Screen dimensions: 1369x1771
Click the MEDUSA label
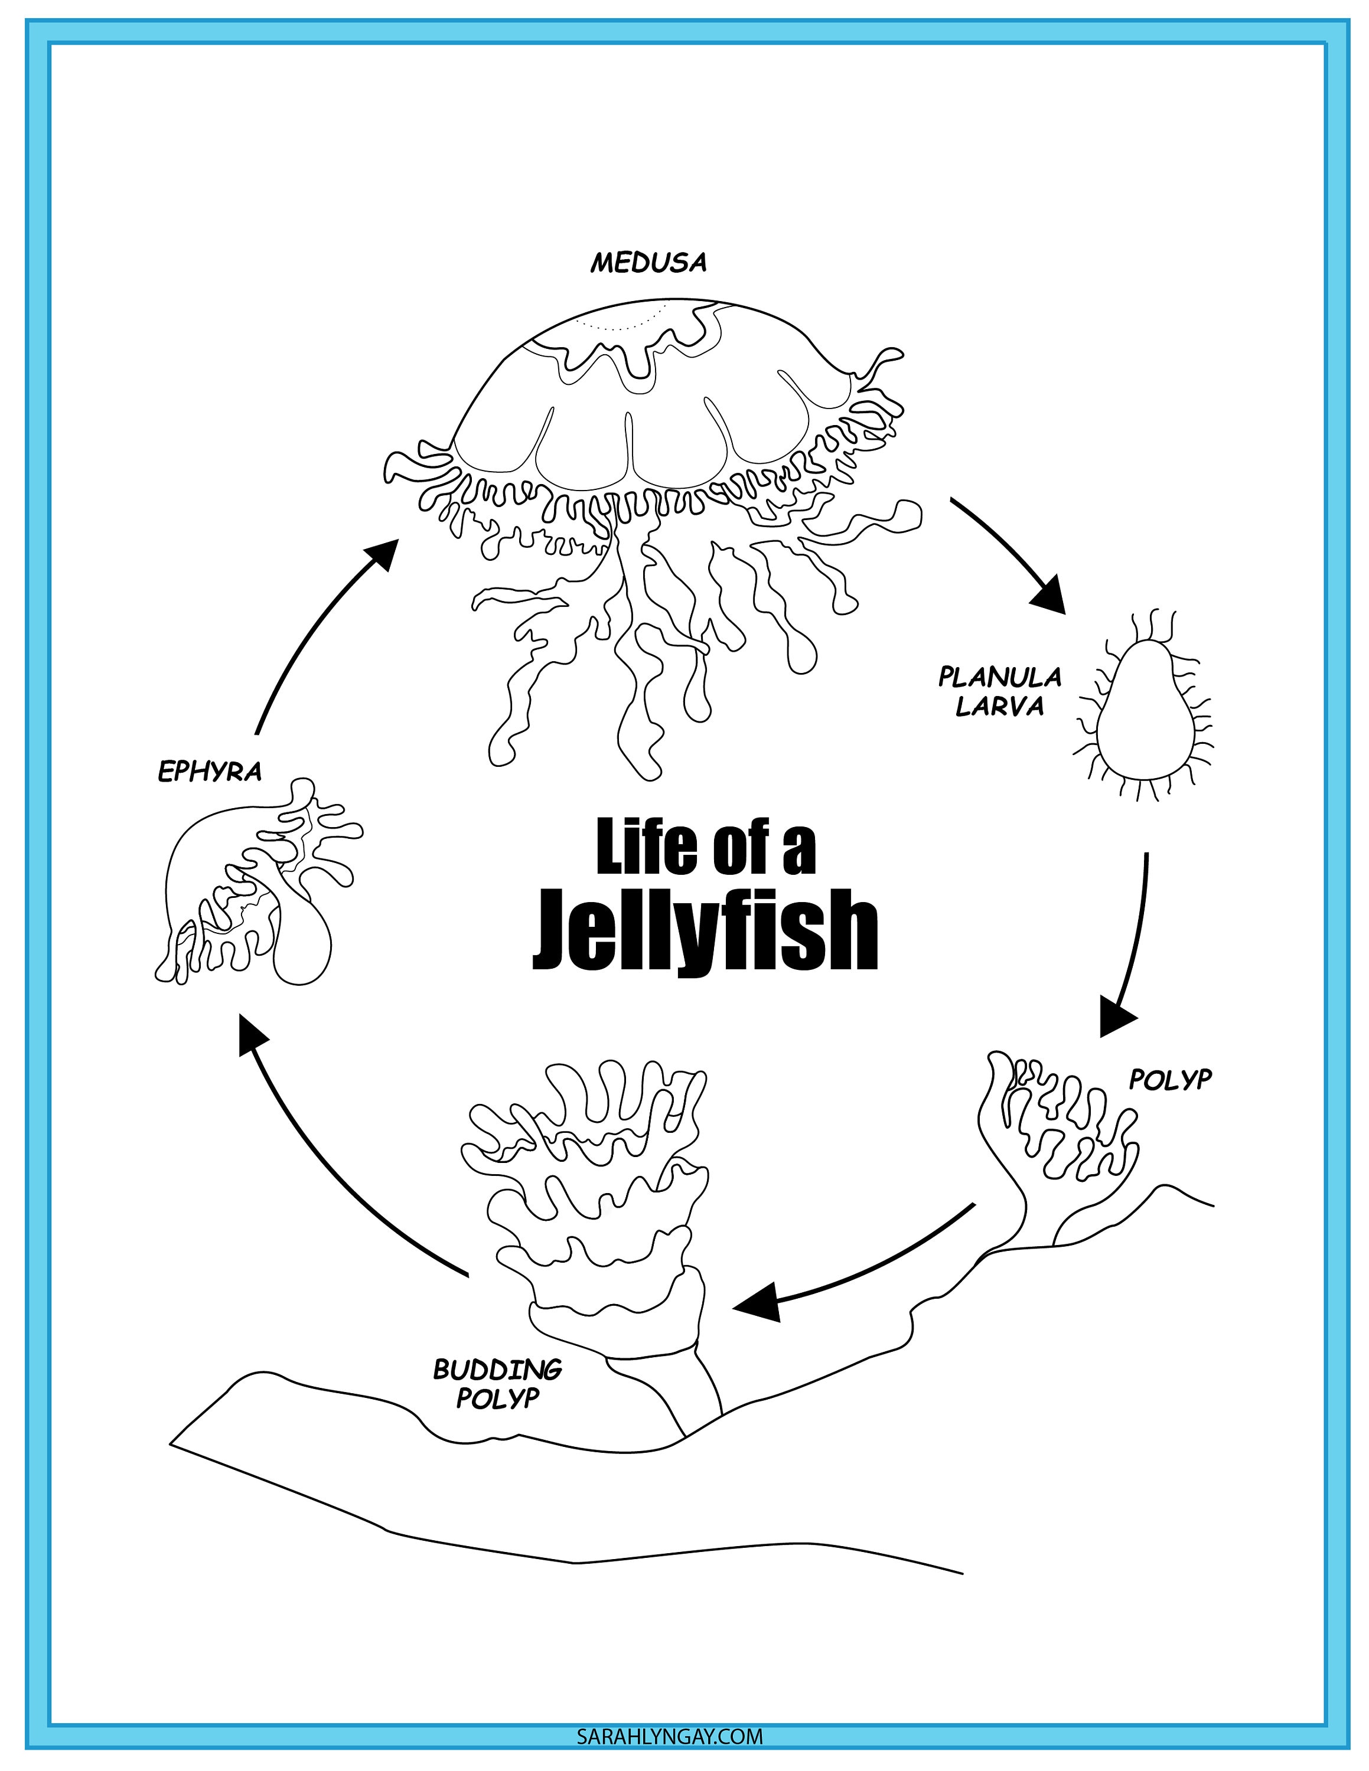click(648, 263)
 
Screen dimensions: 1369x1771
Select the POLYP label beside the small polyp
click(1169, 1079)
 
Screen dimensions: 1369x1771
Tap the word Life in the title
click(646, 848)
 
